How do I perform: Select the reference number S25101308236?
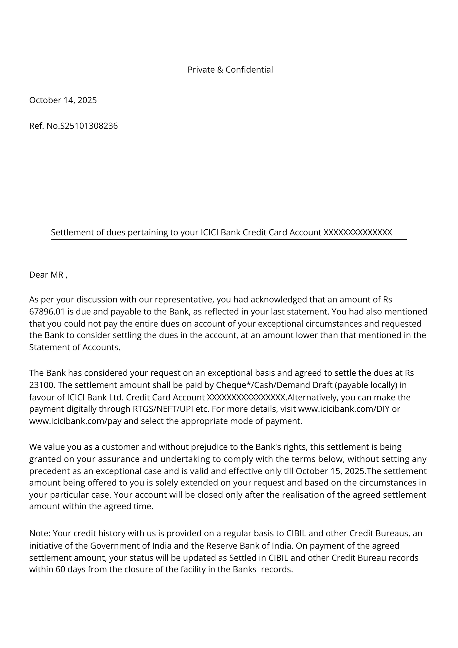[89, 126]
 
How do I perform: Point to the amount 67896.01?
[47, 312]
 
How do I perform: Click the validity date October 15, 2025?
[330, 471]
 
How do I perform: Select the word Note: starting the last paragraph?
[40, 533]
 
